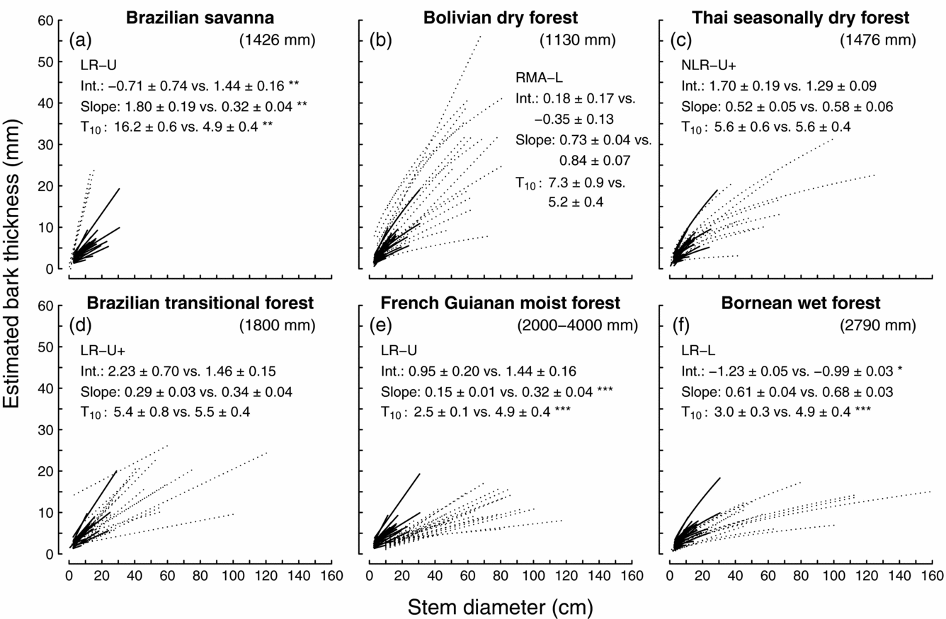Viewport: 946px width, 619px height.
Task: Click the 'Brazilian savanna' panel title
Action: point(200,18)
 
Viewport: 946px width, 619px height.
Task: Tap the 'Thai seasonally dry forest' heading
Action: point(799,18)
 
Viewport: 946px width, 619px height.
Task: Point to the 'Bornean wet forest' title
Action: point(801,303)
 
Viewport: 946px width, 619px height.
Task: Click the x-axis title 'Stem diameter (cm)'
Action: point(500,606)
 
